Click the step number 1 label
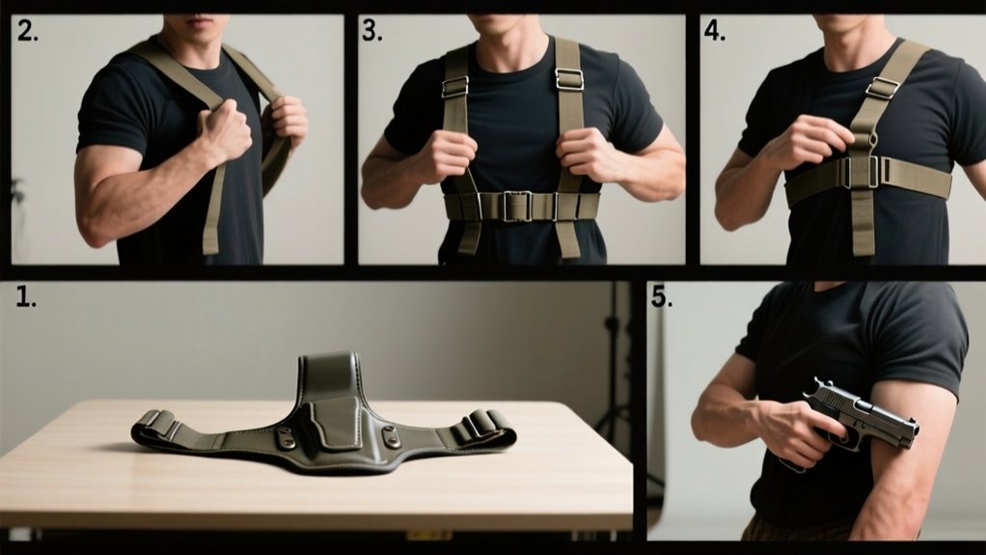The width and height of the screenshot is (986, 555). [26, 298]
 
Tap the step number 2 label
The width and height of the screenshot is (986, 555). [27, 32]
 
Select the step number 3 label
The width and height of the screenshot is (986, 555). [371, 32]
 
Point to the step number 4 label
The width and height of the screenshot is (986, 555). [714, 32]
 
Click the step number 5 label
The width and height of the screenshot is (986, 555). [661, 297]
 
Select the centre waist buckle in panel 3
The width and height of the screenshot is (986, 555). [519, 206]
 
